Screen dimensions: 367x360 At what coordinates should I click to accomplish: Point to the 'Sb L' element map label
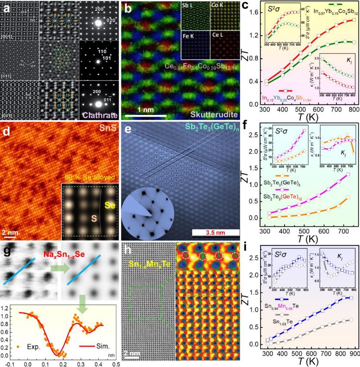[x=188, y=7]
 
